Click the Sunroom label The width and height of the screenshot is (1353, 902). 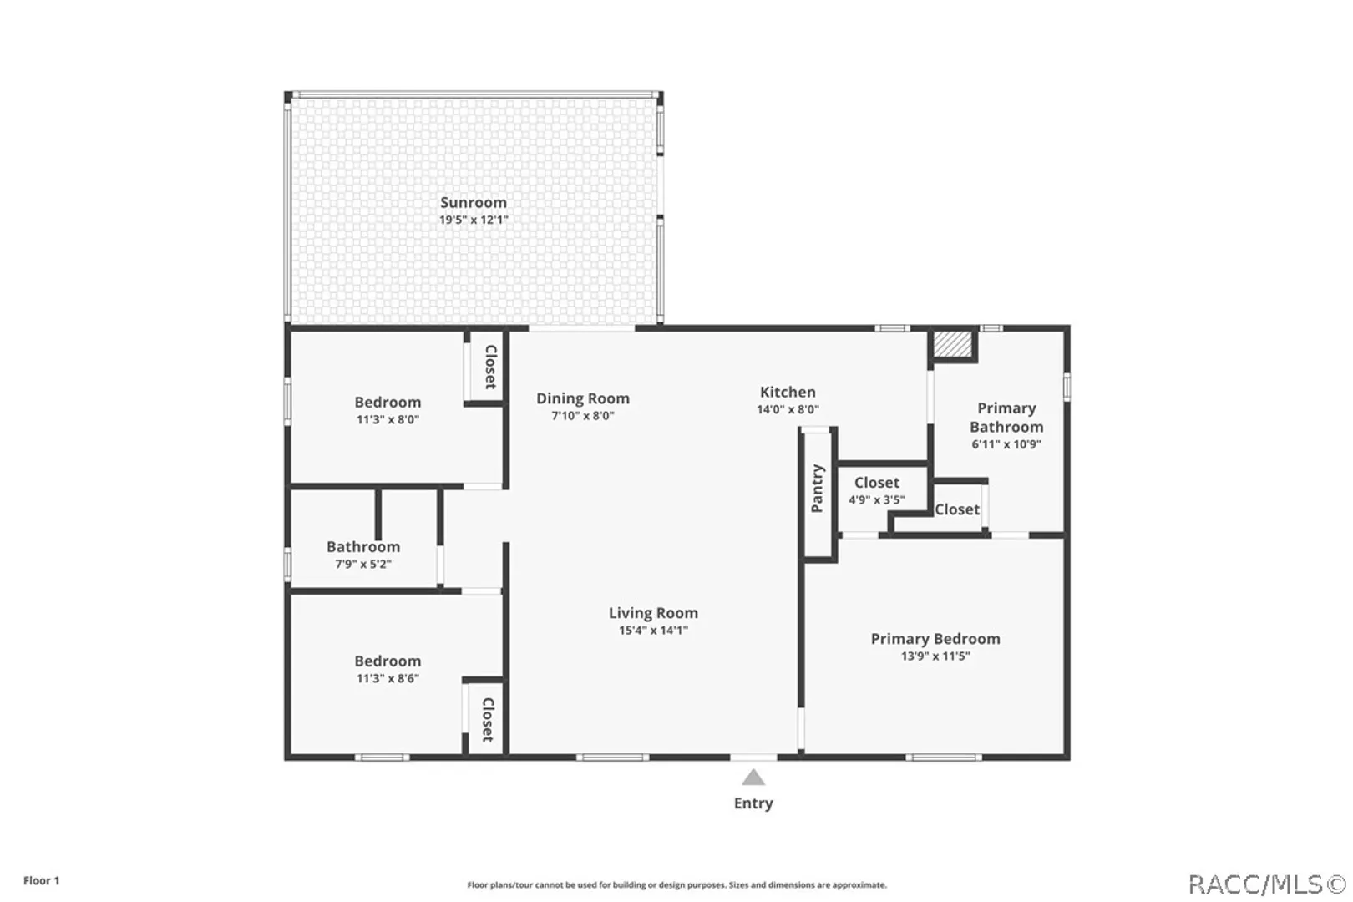tap(473, 202)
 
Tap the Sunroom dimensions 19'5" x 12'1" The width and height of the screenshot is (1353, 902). tap(474, 220)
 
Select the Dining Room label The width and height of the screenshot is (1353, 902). tap(583, 398)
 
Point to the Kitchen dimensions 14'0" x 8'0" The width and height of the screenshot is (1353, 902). tap(788, 409)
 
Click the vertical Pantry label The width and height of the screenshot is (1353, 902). tap(818, 488)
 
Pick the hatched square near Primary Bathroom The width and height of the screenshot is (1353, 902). tap(952, 343)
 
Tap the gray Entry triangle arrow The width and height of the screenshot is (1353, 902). tap(753, 777)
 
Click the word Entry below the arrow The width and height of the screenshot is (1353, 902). tap(753, 803)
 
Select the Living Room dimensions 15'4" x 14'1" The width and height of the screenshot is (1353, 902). tap(653, 630)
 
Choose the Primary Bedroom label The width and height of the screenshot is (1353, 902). tap(935, 639)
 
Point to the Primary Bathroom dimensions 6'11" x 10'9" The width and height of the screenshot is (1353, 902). tap(1006, 444)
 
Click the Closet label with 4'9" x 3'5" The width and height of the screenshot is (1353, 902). tap(876, 483)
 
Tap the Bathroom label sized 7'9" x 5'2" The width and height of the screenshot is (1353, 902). tap(363, 547)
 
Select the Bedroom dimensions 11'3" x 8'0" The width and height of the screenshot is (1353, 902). tap(388, 419)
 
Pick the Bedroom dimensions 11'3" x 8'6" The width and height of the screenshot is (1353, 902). tap(388, 678)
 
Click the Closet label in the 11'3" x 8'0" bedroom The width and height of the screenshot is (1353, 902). tap(490, 367)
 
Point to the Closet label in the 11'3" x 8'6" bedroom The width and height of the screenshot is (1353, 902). tap(488, 720)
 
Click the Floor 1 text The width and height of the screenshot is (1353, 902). tap(42, 880)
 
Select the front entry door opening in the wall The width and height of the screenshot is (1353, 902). tap(753, 757)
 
